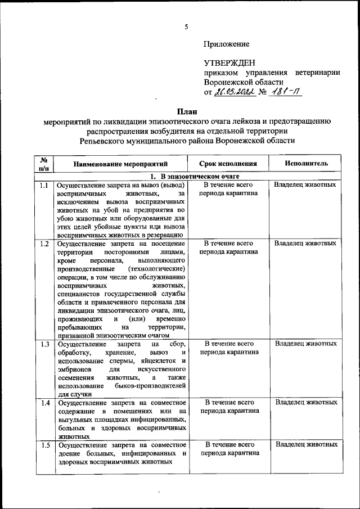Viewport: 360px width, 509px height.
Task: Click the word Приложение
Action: [227, 43]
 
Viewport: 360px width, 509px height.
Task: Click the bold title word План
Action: [186, 111]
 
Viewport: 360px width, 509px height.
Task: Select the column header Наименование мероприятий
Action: [120, 164]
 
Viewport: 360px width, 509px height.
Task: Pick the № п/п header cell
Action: [44, 164]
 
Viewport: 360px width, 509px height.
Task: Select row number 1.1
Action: [44, 185]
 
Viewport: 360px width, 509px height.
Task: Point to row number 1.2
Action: [44, 244]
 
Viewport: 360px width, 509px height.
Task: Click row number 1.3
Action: [44, 344]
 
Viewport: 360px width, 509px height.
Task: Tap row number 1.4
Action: [44, 403]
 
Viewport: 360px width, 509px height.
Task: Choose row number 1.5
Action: [44, 445]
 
